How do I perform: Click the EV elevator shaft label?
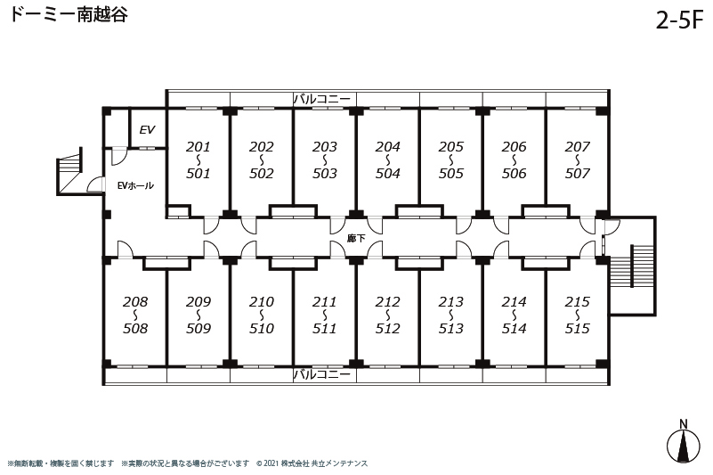(x=147, y=130)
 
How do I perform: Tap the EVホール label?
(x=135, y=185)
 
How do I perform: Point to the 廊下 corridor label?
(x=356, y=238)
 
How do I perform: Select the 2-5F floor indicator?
(x=679, y=19)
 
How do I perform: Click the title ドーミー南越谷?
(x=69, y=14)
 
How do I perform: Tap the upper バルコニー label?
(x=322, y=99)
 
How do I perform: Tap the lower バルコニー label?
(x=322, y=374)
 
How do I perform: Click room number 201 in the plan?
(x=199, y=147)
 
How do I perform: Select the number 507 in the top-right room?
(x=578, y=174)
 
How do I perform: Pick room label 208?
(x=135, y=301)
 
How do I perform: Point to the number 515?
(x=578, y=328)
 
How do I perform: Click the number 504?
(x=388, y=174)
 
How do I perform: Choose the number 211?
(x=325, y=301)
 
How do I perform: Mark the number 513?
(x=451, y=328)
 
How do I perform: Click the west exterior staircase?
(x=69, y=172)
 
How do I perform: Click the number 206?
(x=514, y=147)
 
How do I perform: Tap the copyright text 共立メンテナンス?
(x=339, y=463)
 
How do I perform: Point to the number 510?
(x=262, y=328)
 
